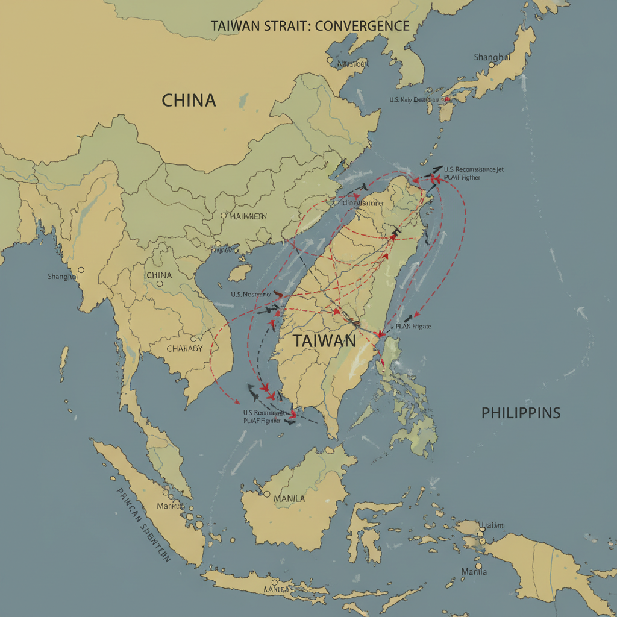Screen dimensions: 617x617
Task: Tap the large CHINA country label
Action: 189,100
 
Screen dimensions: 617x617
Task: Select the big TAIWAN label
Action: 325,340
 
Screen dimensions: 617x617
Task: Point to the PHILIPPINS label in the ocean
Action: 521,413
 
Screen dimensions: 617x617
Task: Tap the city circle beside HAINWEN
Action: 224,215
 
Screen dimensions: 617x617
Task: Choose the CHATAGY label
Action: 184,348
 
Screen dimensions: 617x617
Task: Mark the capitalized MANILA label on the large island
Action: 289,499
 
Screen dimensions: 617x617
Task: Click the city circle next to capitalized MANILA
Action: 266,494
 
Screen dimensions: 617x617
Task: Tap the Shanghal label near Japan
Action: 492,57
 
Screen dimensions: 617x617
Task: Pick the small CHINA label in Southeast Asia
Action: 159,275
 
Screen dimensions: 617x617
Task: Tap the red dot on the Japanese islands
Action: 447,99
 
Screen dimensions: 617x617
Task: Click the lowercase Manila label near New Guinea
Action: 474,571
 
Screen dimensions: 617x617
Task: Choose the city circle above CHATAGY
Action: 193,339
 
